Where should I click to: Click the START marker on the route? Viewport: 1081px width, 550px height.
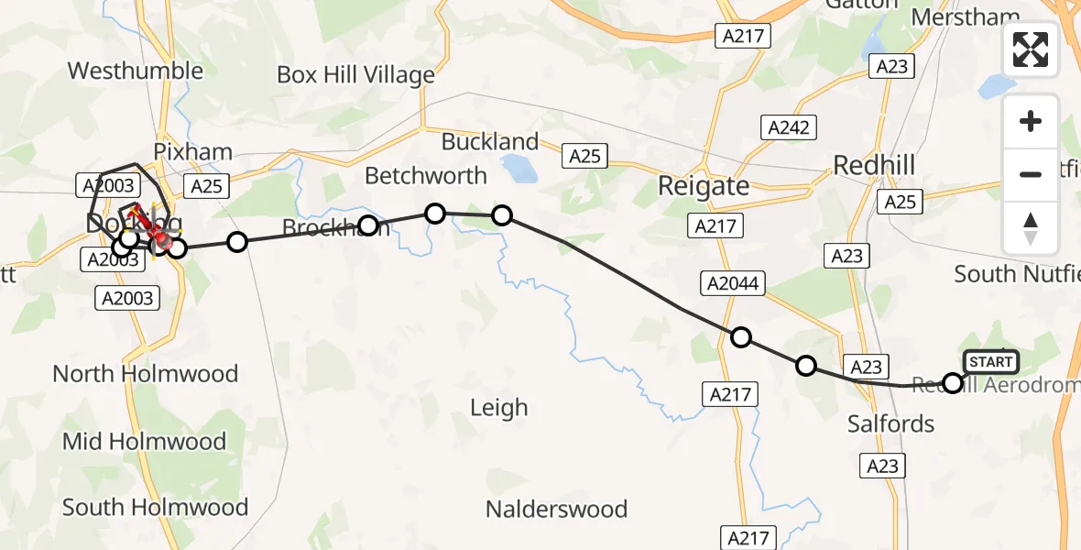click(x=990, y=362)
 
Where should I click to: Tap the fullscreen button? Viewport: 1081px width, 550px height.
click(x=1031, y=49)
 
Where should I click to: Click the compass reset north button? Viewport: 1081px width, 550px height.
click(x=1031, y=227)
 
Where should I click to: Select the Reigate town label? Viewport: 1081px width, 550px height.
click(x=704, y=186)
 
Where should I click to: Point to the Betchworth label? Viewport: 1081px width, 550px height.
click(x=426, y=175)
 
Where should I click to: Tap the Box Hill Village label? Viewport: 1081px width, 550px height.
click(x=355, y=75)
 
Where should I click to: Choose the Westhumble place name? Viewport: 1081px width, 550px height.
click(x=136, y=71)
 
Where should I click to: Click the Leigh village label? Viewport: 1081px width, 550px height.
click(x=498, y=407)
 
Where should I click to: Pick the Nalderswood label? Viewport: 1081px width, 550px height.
click(x=556, y=509)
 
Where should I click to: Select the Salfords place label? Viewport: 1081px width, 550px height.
click(x=890, y=423)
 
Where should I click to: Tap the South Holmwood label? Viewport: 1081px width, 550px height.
click(x=155, y=507)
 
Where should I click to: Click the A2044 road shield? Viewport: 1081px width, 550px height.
click(x=733, y=283)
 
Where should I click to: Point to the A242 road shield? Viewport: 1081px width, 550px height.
click(x=789, y=127)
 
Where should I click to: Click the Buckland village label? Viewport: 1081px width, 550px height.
click(x=490, y=141)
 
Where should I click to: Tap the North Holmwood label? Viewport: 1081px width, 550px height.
click(x=146, y=373)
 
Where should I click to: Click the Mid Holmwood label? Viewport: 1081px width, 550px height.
click(x=144, y=441)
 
